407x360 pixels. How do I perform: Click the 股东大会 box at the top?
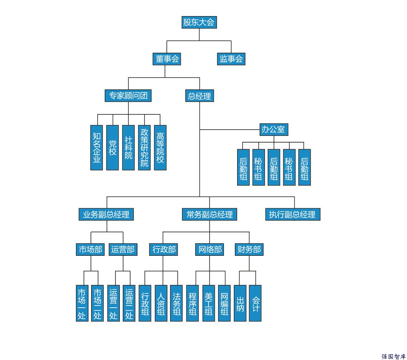tap(199, 22)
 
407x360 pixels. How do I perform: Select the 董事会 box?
tap(167, 59)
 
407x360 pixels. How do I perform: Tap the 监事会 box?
tap(231, 59)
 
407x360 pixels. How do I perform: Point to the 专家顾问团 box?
tap(128, 96)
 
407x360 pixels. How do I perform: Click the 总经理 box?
tap(199, 96)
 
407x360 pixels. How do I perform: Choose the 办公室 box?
tap(274, 129)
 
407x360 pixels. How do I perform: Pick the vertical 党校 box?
tap(112, 148)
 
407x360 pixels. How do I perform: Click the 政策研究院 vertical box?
tap(144, 148)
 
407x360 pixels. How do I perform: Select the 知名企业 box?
tap(97, 148)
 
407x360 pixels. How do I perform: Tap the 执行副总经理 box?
tap(293, 214)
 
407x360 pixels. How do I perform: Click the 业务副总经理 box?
tap(106, 214)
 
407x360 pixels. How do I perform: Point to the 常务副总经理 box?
tap(209, 214)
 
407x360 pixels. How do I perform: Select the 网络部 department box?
tap(209, 250)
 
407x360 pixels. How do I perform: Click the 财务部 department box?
tap(249, 250)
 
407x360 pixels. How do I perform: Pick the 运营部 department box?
tap(123, 250)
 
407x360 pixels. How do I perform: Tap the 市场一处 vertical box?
tap(82, 303)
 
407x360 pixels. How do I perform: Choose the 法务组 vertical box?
tap(176, 303)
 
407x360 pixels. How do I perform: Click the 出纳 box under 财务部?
tap(240, 303)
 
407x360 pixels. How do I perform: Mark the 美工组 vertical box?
tap(209, 303)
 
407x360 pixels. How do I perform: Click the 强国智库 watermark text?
tap(394, 356)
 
